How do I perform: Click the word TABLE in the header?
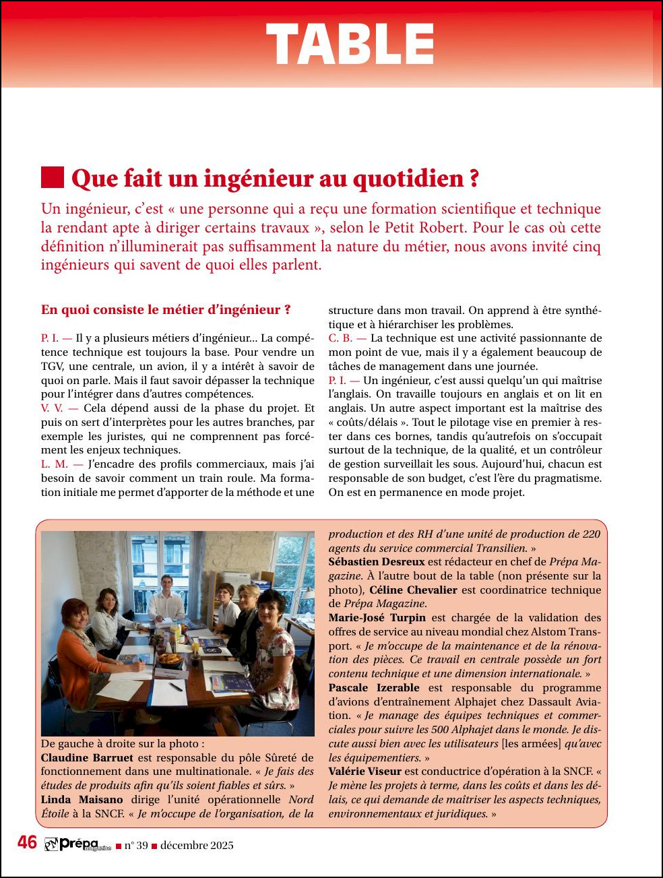click(350, 44)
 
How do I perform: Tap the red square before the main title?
click(53, 177)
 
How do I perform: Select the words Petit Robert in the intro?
click(416, 228)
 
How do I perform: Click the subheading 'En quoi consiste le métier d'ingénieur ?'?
click(166, 310)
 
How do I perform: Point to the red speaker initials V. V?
click(52, 408)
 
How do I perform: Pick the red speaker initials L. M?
click(54, 464)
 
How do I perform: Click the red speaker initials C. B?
click(340, 338)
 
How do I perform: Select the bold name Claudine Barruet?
click(87, 757)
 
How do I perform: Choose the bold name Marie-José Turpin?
click(377, 618)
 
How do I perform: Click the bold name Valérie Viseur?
click(365, 772)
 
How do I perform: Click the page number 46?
click(27, 842)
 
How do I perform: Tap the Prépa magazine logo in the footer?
click(77, 844)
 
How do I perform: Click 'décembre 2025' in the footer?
click(197, 846)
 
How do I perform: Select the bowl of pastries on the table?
click(170, 658)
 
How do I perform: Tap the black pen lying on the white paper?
click(176, 687)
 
